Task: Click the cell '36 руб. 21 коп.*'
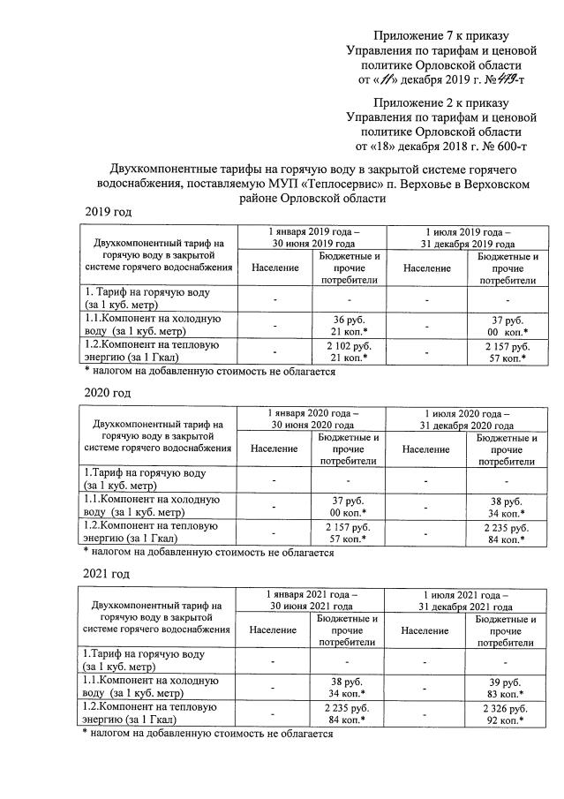tap(349, 324)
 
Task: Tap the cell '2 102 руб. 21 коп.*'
tap(349, 351)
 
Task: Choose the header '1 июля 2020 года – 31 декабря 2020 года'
tap(466, 417)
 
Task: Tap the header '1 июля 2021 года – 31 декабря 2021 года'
tap(466, 600)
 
